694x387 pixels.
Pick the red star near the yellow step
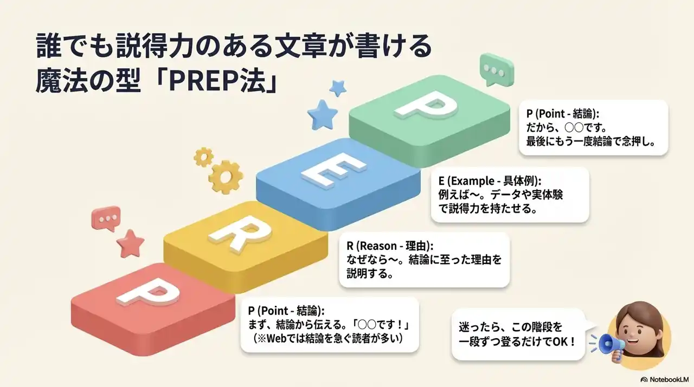(x=131, y=244)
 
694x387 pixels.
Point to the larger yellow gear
(x=226, y=176)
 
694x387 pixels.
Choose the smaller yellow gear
(x=203, y=157)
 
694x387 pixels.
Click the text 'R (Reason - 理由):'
(x=390, y=246)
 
